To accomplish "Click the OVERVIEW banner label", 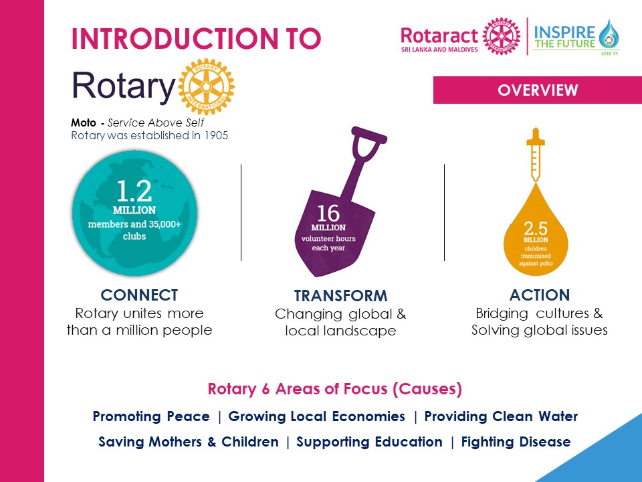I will click(537, 90).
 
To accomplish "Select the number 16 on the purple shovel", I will click(328, 213).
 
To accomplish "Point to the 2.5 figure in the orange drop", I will click(536, 228).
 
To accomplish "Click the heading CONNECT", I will click(139, 295).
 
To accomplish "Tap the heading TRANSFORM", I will click(340, 296).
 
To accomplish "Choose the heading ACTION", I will click(539, 295).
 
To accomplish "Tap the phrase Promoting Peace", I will click(151, 416).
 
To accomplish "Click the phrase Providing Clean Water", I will click(501, 416).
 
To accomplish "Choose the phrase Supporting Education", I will click(369, 442).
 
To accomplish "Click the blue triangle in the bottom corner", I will click(602, 455).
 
